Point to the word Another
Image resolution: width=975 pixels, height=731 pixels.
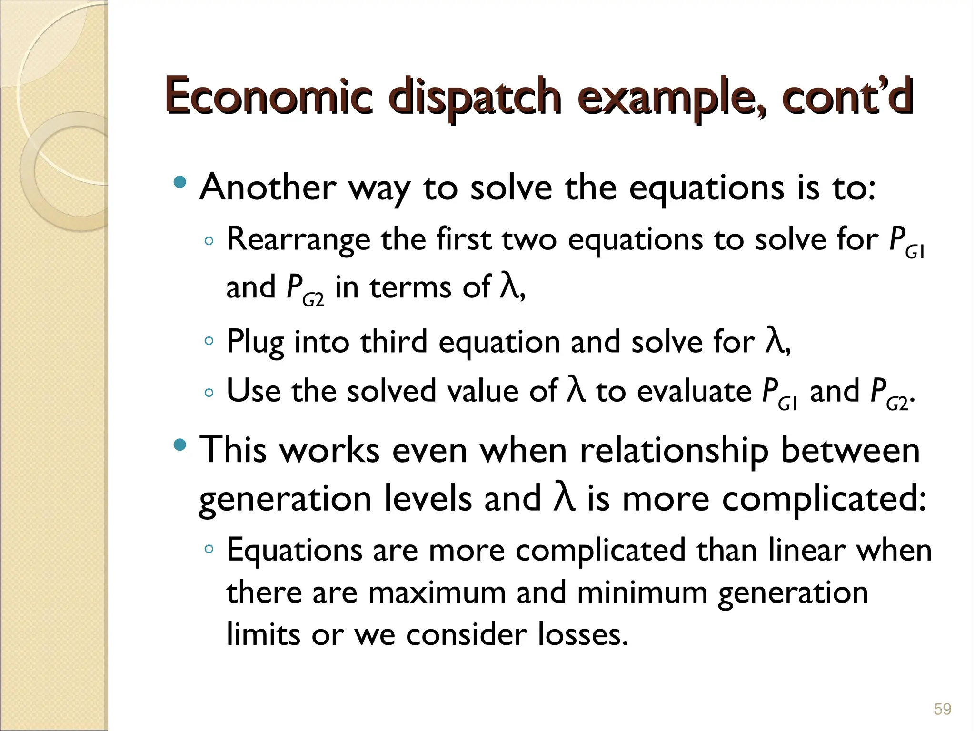tap(268, 187)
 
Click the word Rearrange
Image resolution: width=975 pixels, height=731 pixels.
tap(298, 239)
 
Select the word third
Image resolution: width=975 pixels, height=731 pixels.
tap(394, 342)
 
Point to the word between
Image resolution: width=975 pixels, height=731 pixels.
tap(850, 450)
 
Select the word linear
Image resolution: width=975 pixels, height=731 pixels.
tap(806, 551)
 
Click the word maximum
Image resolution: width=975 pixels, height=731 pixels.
tap(437, 593)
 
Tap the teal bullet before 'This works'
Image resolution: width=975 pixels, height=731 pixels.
tap(180, 445)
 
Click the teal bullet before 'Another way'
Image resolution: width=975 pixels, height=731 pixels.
tap(180, 182)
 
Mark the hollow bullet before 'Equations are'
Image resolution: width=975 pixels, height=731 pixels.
tap(209, 549)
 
